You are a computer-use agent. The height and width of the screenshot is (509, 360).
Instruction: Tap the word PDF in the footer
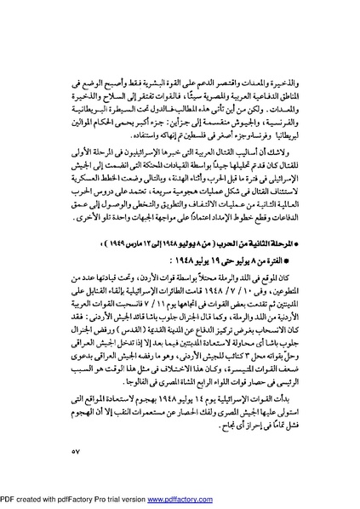point(9,501)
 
